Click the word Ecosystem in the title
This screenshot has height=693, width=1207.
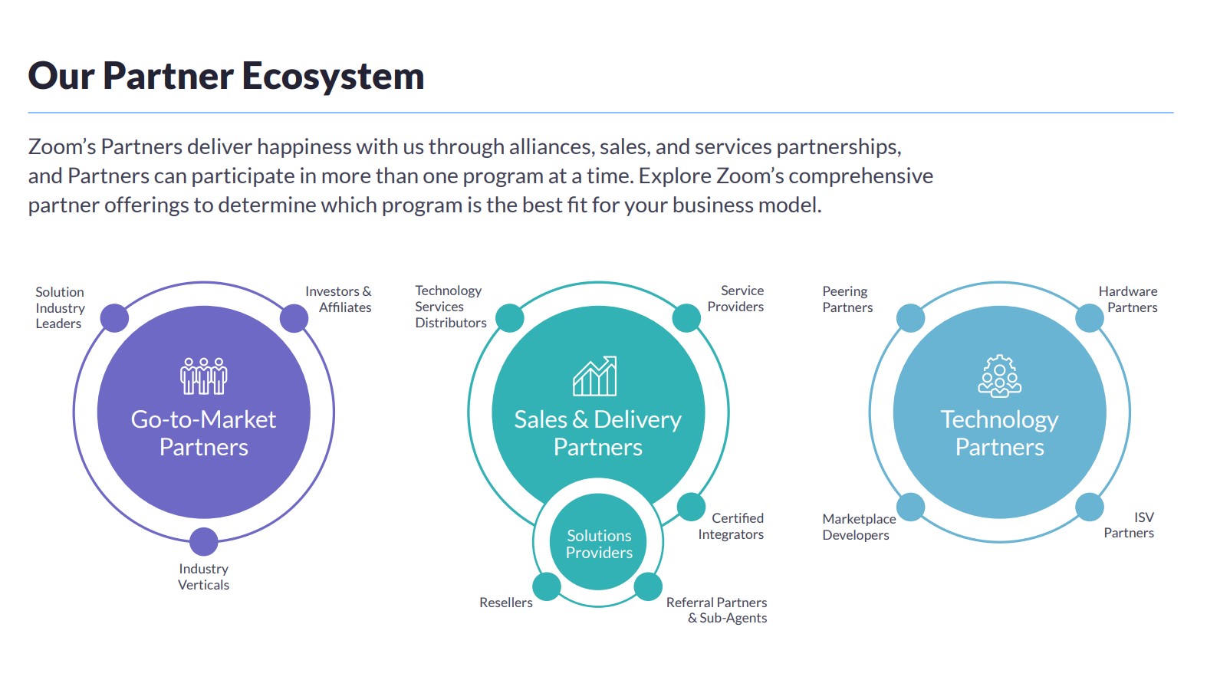click(x=333, y=76)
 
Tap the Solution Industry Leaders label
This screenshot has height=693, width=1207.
click(x=60, y=307)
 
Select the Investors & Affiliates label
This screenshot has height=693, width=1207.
click(x=338, y=299)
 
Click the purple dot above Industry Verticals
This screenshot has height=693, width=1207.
click(x=204, y=541)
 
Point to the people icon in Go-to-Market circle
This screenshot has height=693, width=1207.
click(x=204, y=376)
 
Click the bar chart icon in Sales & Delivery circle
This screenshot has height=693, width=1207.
click(x=595, y=376)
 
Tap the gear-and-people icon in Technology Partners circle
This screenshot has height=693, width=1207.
click(x=999, y=376)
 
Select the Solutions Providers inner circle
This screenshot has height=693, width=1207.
click(x=598, y=544)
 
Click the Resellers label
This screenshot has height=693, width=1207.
click(x=505, y=603)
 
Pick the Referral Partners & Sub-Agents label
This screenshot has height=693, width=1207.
click(x=716, y=610)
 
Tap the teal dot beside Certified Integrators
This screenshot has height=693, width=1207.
click(x=691, y=507)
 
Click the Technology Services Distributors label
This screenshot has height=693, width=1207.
click(x=450, y=307)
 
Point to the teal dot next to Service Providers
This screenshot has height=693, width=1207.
click(x=686, y=318)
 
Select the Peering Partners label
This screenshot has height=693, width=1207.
click(x=847, y=299)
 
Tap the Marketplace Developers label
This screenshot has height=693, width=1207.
click(x=858, y=527)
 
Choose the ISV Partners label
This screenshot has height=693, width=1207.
click(x=1129, y=525)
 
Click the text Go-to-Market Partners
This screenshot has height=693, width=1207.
click(x=204, y=433)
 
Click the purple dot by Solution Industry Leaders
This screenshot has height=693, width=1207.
click(x=115, y=318)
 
